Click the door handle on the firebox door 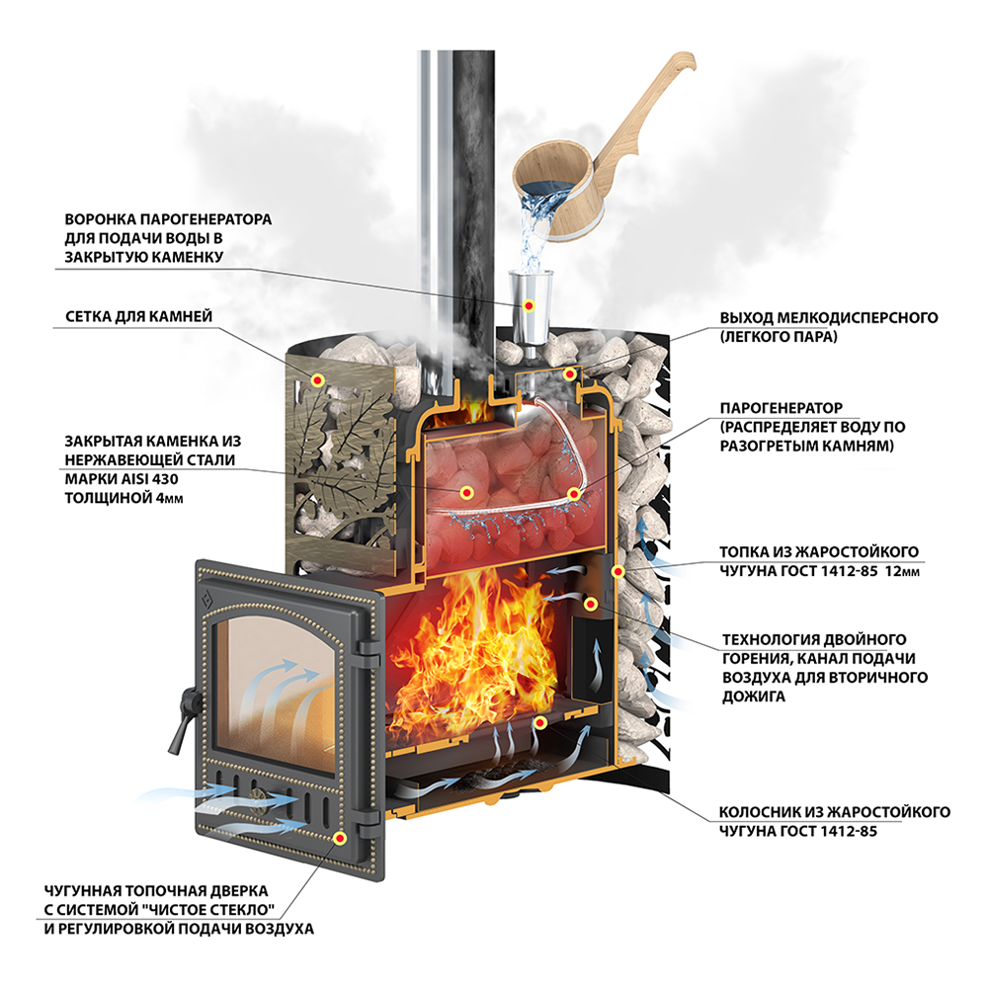click(182, 717)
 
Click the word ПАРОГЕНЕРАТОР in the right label click(782, 407)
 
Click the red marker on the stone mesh click(318, 379)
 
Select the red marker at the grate click(538, 723)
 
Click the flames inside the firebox click(474, 632)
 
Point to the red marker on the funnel click(529, 303)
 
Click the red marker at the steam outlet click(569, 374)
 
